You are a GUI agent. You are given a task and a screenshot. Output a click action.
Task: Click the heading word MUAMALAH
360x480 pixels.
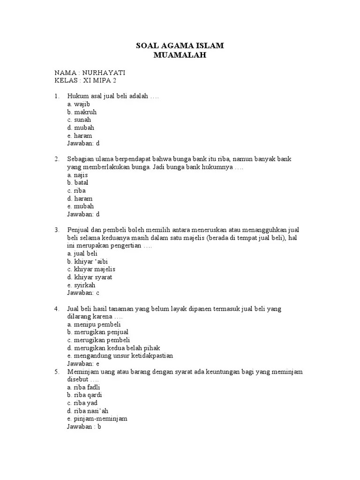click(x=180, y=56)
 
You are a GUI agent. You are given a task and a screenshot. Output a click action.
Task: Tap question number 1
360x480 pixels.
click(x=56, y=96)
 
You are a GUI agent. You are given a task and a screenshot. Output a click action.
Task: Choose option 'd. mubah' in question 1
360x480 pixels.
click(x=81, y=127)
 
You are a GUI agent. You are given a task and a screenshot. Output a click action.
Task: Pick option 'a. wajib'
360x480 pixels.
click(x=78, y=104)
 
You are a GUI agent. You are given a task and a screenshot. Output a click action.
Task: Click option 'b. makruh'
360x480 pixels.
click(x=82, y=112)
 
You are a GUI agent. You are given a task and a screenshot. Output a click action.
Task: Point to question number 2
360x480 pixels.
click(x=56, y=159)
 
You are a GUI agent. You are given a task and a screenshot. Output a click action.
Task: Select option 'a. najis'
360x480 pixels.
click(x=78, y=175)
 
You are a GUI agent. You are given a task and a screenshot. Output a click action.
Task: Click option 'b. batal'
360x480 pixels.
click(x=78, y=183)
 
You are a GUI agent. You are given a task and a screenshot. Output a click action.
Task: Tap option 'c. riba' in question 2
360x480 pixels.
click(x=76, y=191)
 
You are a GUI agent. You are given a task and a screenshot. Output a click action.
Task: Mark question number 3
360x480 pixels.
click(x=56, y=230)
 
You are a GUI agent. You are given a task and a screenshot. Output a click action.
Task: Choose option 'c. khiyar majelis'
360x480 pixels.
click(x=91, y=270)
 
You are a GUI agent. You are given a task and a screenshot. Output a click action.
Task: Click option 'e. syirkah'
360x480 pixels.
click(x=81, y=285)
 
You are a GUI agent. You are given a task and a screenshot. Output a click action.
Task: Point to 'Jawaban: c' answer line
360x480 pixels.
click(x=83, y=293)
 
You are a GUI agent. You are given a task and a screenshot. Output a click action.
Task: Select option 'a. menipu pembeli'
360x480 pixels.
click(x=94, y=324)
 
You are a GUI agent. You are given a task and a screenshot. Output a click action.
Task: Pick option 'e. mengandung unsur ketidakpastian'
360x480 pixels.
click(x=120, y=356)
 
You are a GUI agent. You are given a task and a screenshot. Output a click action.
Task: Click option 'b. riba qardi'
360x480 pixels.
click(x=84, y=395)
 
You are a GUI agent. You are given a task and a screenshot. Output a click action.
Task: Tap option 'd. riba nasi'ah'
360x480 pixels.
click(x=88, y=411)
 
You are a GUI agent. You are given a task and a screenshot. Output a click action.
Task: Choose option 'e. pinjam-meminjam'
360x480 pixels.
click(x=97, y=419)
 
